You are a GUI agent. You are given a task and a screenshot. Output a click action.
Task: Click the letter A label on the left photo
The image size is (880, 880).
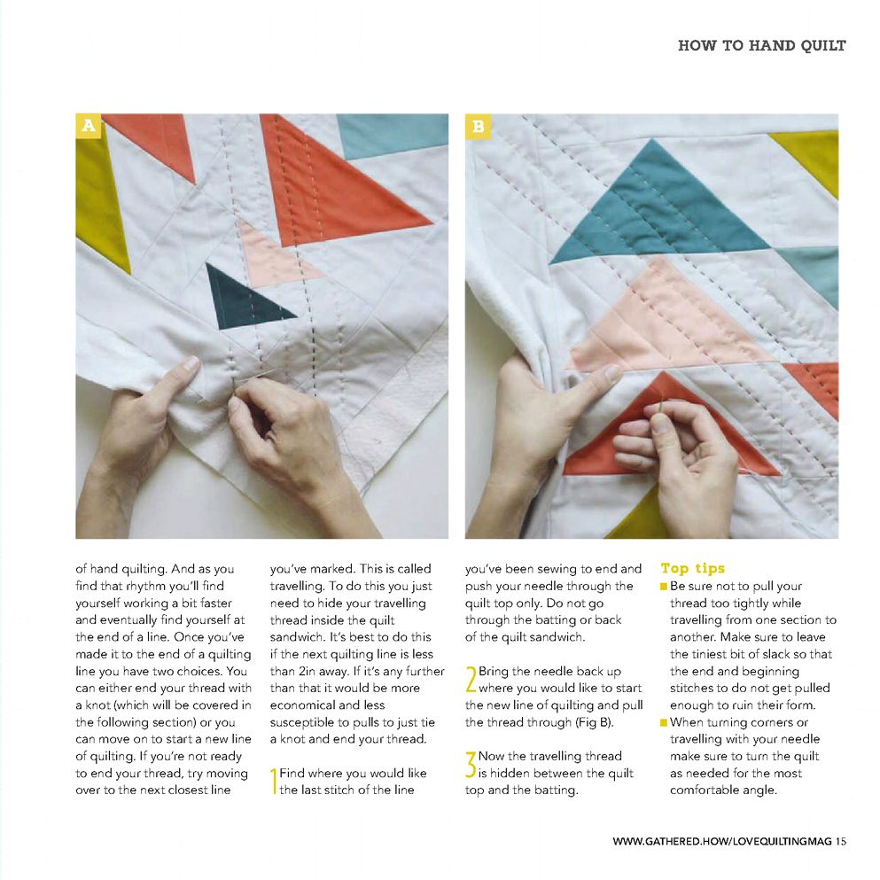pos(88,126)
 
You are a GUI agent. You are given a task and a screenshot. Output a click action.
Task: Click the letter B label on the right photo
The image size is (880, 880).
pos(478,126)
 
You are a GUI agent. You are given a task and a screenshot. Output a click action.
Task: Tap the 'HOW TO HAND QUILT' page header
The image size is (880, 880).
pos(761,45)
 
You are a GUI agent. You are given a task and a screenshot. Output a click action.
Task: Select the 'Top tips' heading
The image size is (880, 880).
pos(692,568)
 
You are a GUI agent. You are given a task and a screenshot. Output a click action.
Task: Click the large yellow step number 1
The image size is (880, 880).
pos(273,782)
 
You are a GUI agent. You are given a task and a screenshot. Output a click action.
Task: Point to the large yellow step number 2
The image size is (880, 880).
pos(471,679)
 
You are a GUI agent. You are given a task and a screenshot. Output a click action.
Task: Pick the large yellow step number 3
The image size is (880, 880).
pos(471,765)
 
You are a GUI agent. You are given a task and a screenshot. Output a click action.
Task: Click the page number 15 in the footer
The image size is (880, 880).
pos(841,841)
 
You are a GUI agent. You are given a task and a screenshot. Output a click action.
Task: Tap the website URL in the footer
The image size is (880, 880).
pos(722,841)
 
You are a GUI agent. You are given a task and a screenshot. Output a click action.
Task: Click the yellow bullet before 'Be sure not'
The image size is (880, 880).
pos(664,587)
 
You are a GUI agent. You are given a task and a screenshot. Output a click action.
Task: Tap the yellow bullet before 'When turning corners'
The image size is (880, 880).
pos(664,722)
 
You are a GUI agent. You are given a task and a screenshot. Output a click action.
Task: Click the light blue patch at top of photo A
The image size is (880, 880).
pos(393,135)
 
